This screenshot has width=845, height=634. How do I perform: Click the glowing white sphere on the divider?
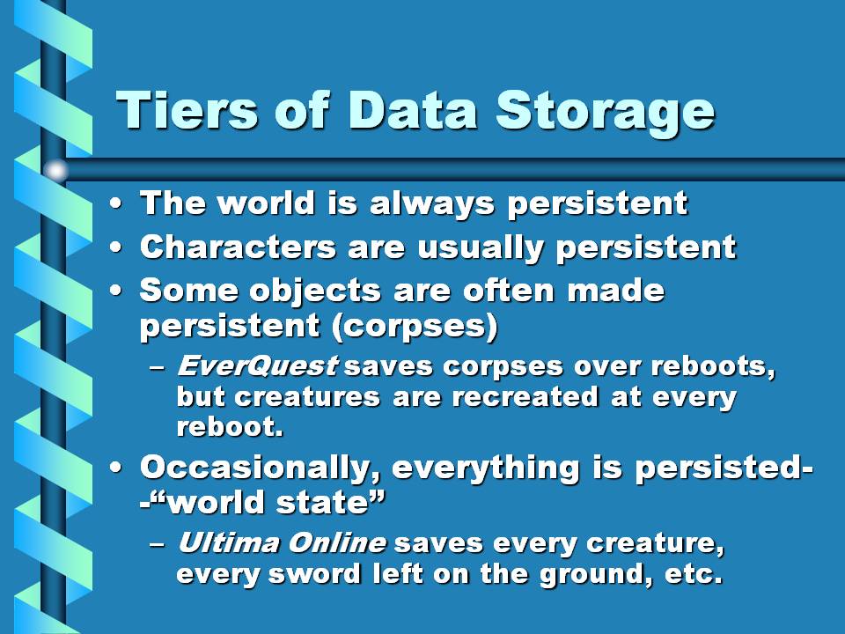point(55,171)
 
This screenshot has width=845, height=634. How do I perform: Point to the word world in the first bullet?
point(267,203)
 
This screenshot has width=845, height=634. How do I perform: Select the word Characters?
point(239,247)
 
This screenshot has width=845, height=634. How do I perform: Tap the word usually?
point(480,249)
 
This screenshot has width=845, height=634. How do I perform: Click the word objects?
point(315,292)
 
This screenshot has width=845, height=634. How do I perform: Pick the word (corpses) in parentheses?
point(415,326)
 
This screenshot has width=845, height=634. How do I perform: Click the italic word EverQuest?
point(258,366)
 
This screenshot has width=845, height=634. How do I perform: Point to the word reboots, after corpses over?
point(713,366)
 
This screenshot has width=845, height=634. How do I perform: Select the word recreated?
point(525,397)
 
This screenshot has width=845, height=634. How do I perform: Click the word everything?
point(485,468)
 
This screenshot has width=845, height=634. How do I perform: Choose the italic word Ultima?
point(226,542)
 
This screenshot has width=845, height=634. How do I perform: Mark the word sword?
point(314,573)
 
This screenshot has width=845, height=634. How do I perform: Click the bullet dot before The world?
point(116,203)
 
